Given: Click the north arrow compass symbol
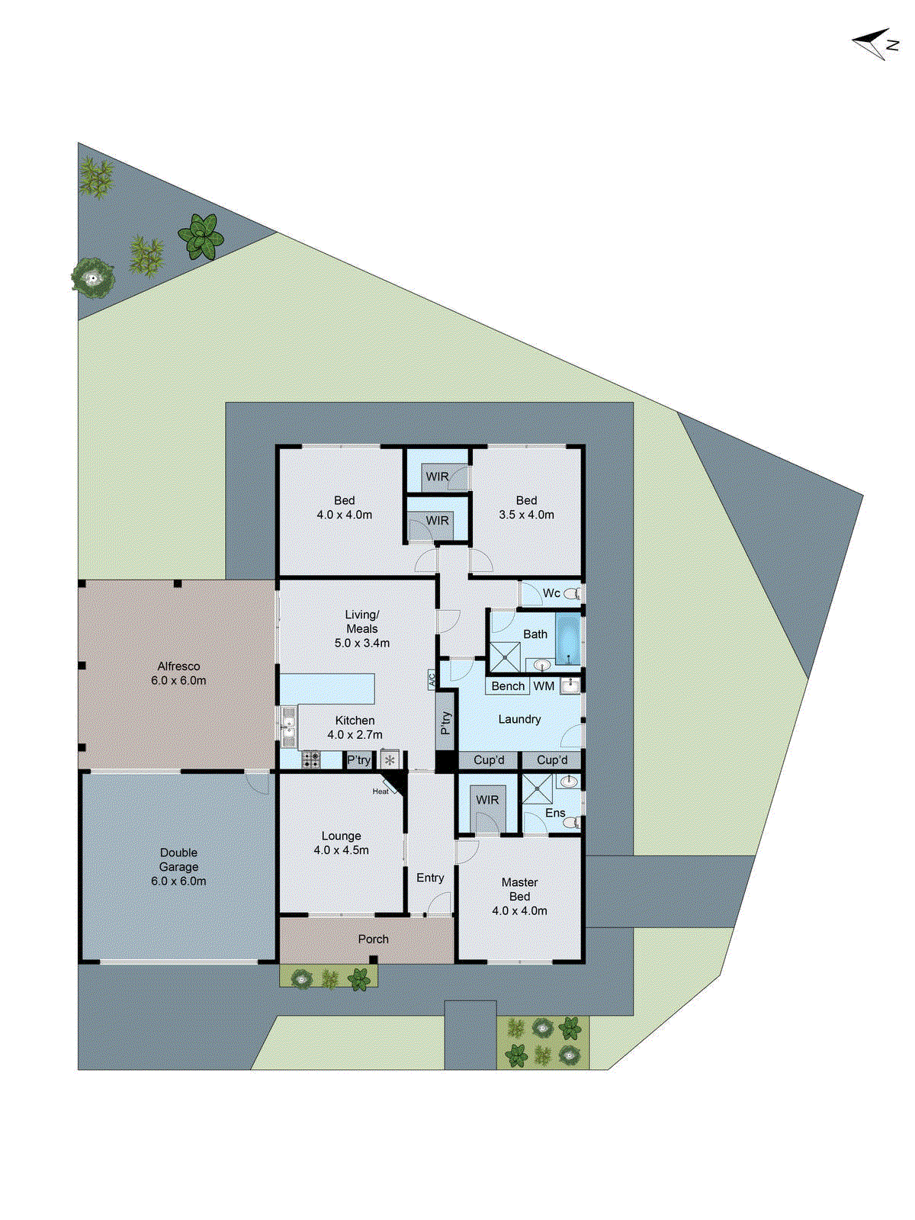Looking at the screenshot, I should pos(875,43).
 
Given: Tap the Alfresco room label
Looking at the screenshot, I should pos(178,666).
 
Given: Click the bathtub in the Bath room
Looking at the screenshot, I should pos(568,639).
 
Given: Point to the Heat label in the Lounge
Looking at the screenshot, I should pos(380,791).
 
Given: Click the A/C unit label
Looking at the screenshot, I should pos(432,679).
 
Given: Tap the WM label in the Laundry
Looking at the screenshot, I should pos(544,686).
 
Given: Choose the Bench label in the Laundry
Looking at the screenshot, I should pos(508,686).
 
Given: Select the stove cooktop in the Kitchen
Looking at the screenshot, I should pos(311,759).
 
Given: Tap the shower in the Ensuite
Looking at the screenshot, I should pos(537,790).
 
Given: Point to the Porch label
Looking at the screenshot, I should pos(373,939).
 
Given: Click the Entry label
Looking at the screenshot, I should pos(430,878).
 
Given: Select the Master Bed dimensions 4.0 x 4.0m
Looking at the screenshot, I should pos(519,910).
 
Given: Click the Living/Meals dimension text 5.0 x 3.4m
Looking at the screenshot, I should pos(362,643).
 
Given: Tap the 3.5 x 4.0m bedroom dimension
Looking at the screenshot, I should pos(526,515).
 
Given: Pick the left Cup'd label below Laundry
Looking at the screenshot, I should pos(489,760).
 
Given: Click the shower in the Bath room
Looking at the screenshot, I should pos(504,657).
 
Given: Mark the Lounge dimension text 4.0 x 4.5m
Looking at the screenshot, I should pos(341,850).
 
